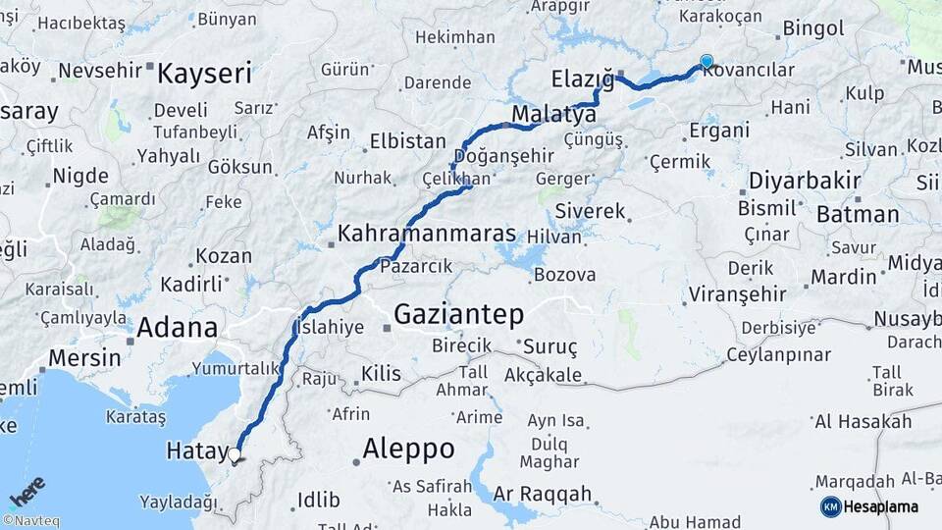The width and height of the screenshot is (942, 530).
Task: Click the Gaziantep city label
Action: coord(458,314)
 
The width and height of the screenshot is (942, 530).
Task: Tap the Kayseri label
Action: coord(205,73)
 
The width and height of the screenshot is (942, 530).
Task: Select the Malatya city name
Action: coord(553,114)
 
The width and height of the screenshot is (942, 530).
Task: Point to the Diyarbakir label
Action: coord(805,181)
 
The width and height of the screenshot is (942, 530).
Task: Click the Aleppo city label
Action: coord(408,450)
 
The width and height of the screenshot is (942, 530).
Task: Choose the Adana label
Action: coord(177,328)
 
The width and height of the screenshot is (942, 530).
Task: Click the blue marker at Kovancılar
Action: coord(706,61)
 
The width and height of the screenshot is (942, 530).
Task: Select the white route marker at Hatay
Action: coord(235,454)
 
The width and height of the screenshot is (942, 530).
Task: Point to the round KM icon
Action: coord(830,506)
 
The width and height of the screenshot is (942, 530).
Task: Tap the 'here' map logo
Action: coord(26,491)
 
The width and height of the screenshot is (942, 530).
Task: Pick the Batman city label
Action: coord(857,214)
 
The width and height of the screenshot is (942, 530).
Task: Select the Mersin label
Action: coord(84,357)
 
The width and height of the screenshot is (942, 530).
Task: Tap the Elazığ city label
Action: coord(582,78)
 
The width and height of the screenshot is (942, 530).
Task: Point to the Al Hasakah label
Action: coord(863,422)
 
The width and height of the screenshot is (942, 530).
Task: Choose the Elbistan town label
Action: coord(407,141)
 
